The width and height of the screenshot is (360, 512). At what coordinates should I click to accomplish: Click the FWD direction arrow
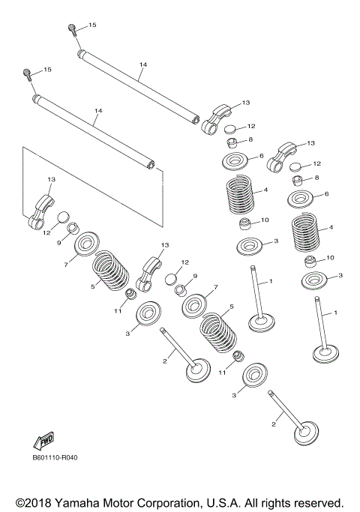[x=43, y=442]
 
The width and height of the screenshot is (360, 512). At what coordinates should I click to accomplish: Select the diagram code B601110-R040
[x=55, y=458]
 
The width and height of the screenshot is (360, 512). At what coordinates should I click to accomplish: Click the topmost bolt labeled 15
[x=73, y=29]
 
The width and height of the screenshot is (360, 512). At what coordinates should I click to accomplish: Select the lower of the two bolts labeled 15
[x=27, y=74]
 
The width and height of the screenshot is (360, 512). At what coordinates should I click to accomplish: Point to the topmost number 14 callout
[x=142, y=64]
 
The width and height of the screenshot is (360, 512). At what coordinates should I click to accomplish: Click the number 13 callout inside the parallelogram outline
[x=51, y=179]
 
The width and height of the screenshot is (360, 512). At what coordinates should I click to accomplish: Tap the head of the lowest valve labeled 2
[x=306, y=434]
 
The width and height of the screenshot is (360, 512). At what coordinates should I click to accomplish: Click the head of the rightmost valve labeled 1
[x=326, y=355]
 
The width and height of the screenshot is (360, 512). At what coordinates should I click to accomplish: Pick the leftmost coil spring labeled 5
[x=109, y=271]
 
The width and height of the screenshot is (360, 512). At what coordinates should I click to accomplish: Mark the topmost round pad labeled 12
[x=231, y=129]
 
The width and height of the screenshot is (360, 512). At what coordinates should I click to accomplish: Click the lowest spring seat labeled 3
[x=256, y=375]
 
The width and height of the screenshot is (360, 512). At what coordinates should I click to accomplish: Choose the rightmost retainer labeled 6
[x=301, y=199]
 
